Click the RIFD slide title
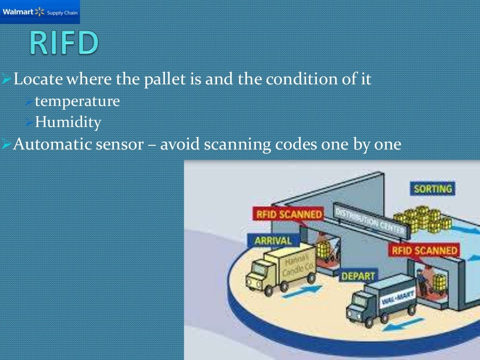click(x=65, y=44)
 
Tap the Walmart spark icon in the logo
click(x=39, y=12)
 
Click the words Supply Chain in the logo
click(x=62, y=12)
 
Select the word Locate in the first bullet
click(x=38, y=79)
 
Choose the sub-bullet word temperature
click(x=77, y=101)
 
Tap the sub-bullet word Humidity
click(x=68, y=122)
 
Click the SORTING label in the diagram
click(x=433, y=189)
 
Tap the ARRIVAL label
click(x=272, y=241)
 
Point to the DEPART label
click(x=357, y=277)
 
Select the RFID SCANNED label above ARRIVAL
click(x=288, y=215)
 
